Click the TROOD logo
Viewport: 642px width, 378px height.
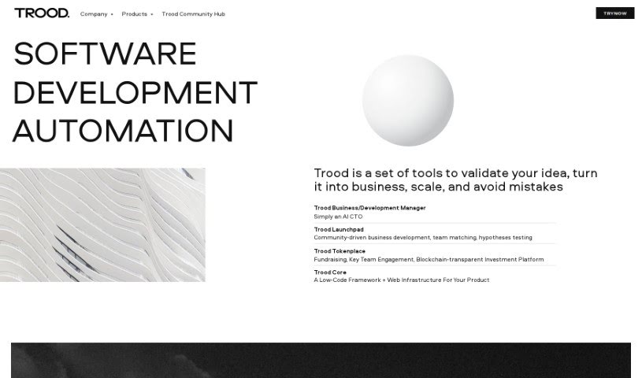[x=41, y=13]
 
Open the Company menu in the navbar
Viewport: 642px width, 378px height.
[x=95, y=14]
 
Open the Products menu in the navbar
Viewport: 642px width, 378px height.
[x=136, y=14]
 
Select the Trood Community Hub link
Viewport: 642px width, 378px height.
[x=193, y=14]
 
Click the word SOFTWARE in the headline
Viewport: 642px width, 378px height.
[x=105, y=54]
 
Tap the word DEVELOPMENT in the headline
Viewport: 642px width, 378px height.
[x=135, y=92]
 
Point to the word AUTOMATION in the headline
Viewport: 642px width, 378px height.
[x=123, y=131]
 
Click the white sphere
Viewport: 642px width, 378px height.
[x=407, y=100]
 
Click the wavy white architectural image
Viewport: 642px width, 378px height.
[x=102, y=224]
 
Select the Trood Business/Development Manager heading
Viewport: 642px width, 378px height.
[x=369, y=208]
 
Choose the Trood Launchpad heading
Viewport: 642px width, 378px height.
[x=339, y=229]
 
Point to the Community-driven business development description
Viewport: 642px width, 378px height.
[x=422, y=237]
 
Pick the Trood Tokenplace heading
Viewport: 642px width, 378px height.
[x=340, y=251]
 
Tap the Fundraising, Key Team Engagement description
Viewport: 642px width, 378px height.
[x=428, y=259]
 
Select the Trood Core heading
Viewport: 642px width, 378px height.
[x=330, y=272]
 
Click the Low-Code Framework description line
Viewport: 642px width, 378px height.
[x=401, y=280]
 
